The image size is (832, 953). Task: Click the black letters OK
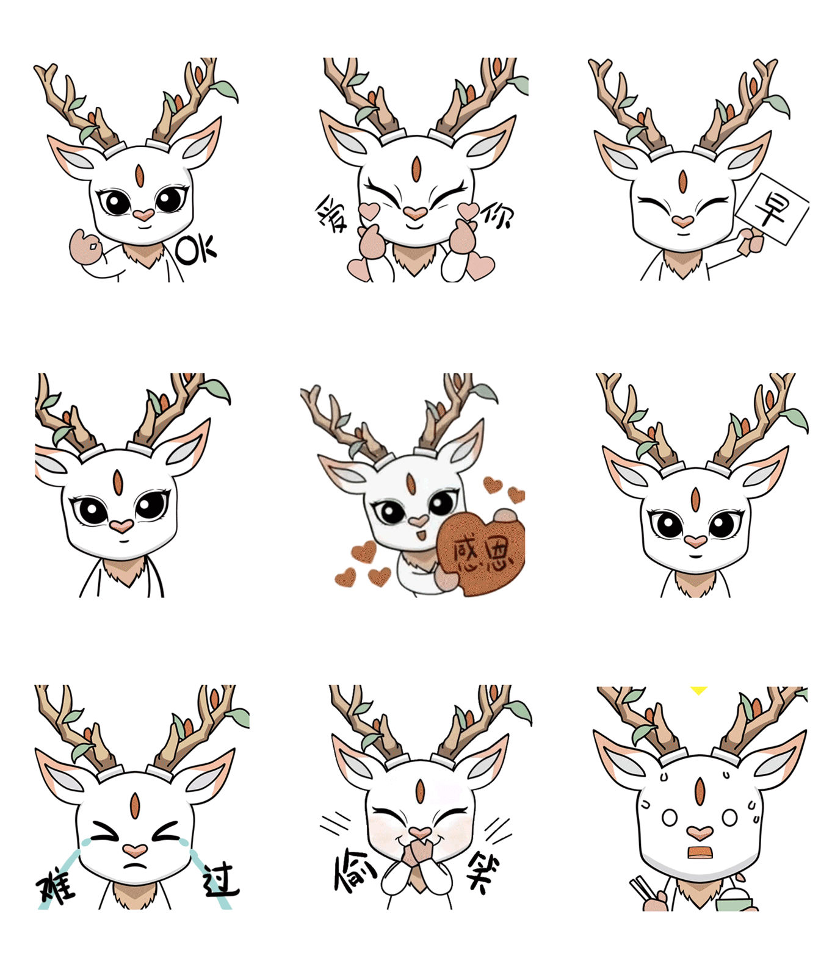[x=196, y=250]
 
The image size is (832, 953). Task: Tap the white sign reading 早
[x=772, y=209]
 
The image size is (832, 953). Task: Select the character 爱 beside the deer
[x=331, y=214]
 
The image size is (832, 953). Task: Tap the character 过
[x=220, y=879]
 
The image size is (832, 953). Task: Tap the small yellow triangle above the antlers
[x=698, y=690]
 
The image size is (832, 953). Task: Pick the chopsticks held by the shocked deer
[x=642, y=889]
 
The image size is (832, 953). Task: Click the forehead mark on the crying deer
[x=135, y=805]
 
